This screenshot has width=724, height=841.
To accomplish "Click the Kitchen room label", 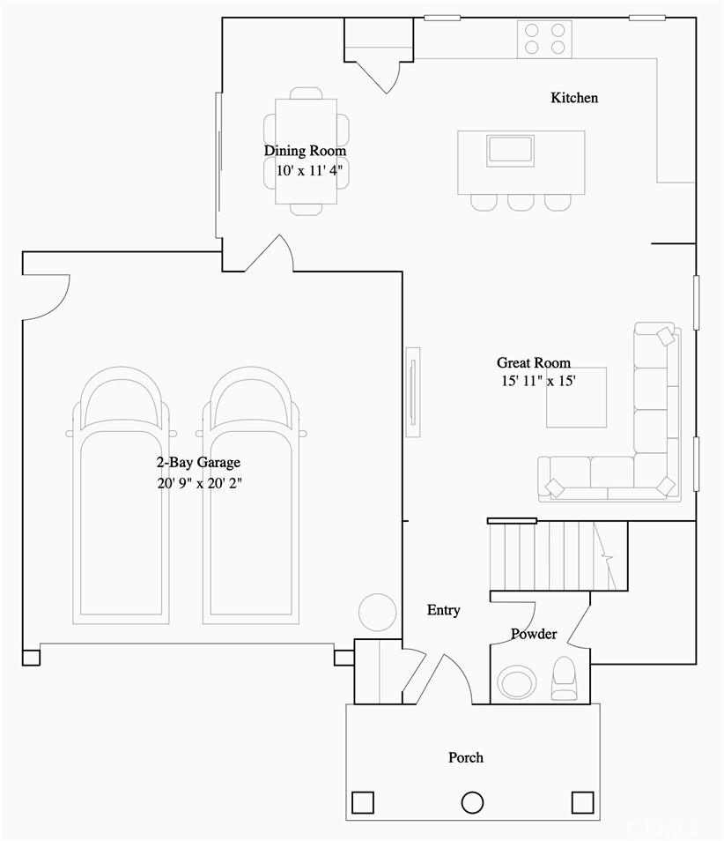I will tap(574, 98).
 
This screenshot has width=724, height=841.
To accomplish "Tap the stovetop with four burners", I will tap(544, 40).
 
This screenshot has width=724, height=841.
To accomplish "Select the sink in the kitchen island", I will tap(510, 150).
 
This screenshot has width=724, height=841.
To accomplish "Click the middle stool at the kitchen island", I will tap(521, 202).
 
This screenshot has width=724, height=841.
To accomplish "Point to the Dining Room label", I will tap(305, 151).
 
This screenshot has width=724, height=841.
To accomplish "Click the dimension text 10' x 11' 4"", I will tap(305, 171).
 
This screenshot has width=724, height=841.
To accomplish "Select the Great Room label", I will tap(533, 362).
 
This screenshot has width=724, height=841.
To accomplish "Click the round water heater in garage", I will tap(377, 611).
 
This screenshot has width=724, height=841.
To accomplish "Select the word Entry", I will tap(443, 610).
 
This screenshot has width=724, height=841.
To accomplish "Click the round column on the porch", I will tap(473, 802).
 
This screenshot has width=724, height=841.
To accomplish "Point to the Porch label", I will tap(465, 757).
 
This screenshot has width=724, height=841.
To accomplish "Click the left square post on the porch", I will tap(363, 802).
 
